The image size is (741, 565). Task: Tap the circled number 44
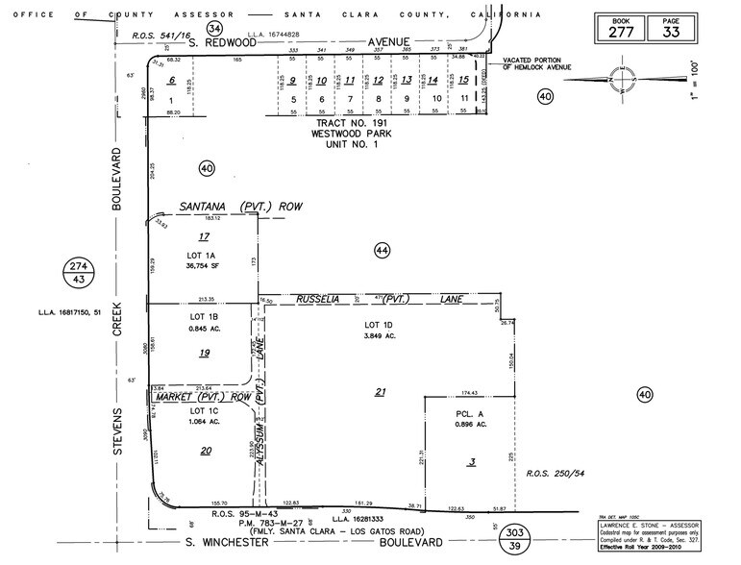(x=382, y=250)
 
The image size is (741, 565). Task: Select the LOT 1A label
(x=203, y=255)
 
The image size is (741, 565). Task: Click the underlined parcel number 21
(x=381, y=391)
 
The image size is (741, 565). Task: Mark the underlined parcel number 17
(x=203, y=236)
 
